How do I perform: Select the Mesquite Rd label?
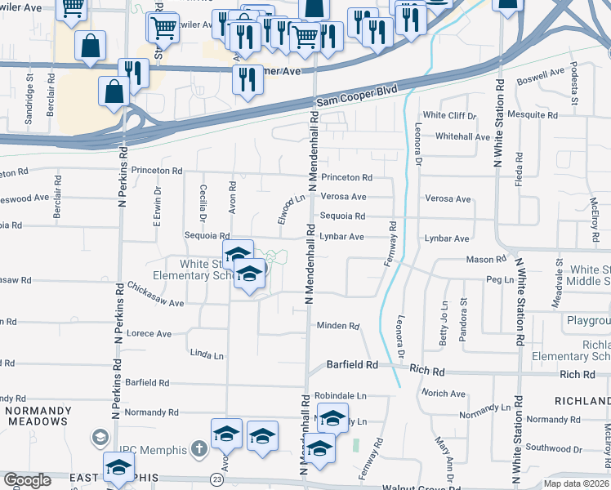(x=532, y=115)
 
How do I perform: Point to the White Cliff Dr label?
(x=448, y=115)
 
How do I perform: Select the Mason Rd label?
(x=486, y=260)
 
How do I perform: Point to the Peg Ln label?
(x=498, y=279)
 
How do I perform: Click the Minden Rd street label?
(x=338, y=326)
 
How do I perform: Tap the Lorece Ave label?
(x=149, y=334)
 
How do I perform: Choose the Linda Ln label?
(x=207, y=356)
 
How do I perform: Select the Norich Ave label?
(x=444, y=393)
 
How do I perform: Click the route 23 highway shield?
(x=216, y=479)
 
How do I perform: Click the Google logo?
(x=27, y=480)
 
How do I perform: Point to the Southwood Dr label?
(x=555, y=448)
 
